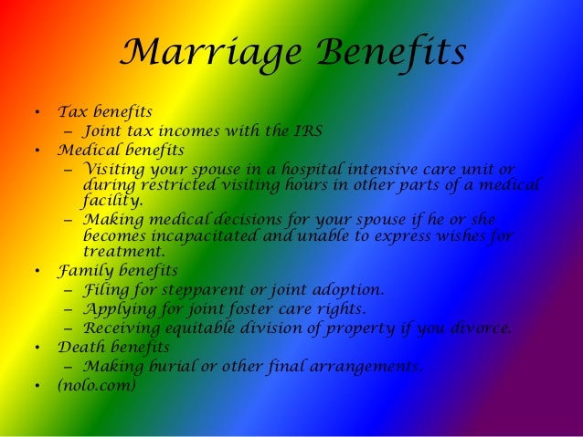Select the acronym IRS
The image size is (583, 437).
(x=308, y=130)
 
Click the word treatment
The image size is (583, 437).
(x=123, y=251)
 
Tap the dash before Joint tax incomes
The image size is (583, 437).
(x=69, y=130)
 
